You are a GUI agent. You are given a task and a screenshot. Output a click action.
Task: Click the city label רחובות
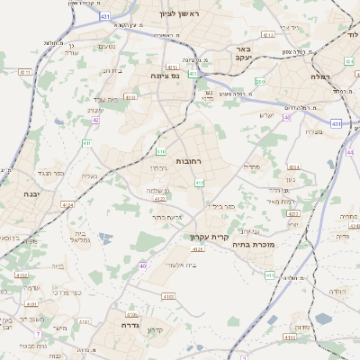(x=187, y=160)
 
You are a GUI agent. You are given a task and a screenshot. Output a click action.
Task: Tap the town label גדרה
(x=121, y=326)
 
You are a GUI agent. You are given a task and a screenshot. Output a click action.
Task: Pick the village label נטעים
(x=105, y=47)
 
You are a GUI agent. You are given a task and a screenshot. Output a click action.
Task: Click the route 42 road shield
(x=95, y=120)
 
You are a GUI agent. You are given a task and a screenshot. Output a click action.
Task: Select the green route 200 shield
(x=260, y=82)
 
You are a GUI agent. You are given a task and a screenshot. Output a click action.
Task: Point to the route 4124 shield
(x=67, y=206)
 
